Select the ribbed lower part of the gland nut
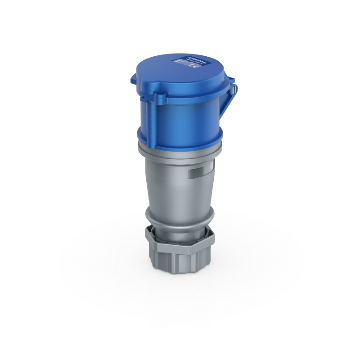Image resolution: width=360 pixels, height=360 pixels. pos(180,263)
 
